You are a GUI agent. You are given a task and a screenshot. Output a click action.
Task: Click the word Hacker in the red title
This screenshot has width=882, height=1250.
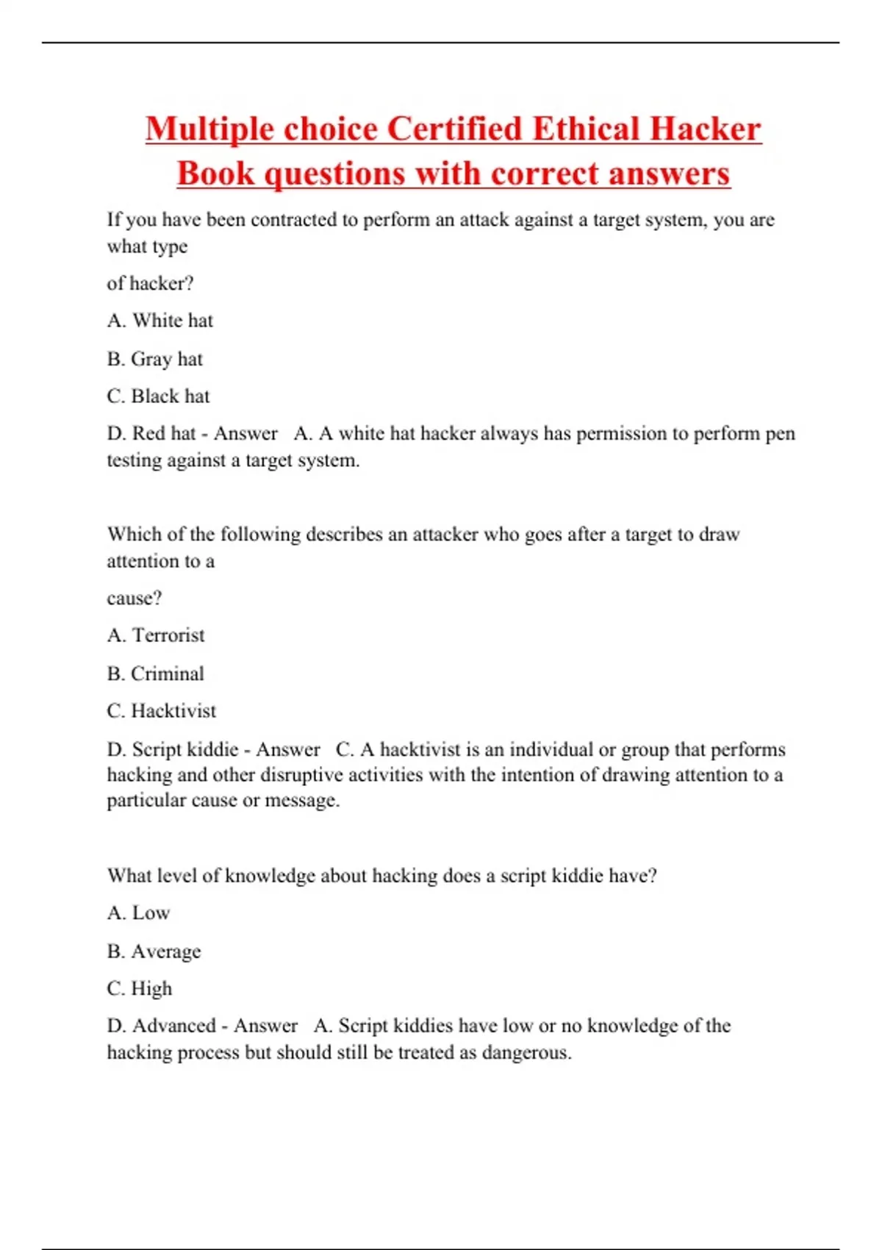coord(705,129)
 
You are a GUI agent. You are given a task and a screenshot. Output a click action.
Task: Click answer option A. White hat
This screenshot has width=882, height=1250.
coord(160,321)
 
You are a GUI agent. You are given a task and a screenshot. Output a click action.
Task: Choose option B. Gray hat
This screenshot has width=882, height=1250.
coord(155,359)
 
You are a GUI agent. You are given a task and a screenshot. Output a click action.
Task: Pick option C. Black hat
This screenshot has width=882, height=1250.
coord(159,396)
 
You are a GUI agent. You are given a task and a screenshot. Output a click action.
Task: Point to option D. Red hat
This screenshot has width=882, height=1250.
coord(151,433)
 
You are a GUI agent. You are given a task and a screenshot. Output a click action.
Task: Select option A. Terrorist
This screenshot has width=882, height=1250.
coord(156,635)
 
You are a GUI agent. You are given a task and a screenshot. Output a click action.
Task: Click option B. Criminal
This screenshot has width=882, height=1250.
coord(156,674)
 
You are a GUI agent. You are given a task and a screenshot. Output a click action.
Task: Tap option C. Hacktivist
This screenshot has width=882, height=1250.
coord(162,711)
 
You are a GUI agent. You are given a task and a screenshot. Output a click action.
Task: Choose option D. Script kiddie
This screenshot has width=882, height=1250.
coord(173,749)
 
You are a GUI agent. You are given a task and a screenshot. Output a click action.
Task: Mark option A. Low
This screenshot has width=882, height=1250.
coord(139,913)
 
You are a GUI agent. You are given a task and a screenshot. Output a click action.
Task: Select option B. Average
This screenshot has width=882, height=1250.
coord(154,951)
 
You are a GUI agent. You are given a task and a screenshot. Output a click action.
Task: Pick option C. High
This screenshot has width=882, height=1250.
coord(140,989)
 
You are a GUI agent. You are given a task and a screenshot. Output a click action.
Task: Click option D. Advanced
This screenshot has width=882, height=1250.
coord(162,1026)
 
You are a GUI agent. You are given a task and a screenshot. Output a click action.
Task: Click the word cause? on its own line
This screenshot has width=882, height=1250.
coord(135,599)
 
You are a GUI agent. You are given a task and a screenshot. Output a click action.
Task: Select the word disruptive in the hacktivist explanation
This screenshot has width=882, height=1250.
coord(302,775)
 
